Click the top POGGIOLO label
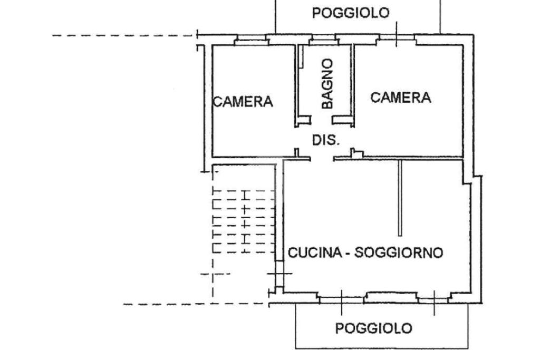click(x=351, y=13)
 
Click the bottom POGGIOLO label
click(x=374, y=328)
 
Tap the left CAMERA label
click(x=243, y=102)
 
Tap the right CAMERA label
click(x=401, y=98)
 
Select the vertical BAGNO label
click(x=327, y=84)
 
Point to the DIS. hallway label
click(x=326, y=140)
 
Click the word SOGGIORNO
click(x=399, y=252)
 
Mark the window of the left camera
click(x=252, y=40)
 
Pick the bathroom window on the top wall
click(x=323, y=40)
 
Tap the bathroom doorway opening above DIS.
click(x=322, y=121)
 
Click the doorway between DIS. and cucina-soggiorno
click(x=322, y=159)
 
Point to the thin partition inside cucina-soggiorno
click(x=400, y=198)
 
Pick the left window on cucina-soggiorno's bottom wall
click(x=342, y=299)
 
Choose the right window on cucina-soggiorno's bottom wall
click(x=434, y=299)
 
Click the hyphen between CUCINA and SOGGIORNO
click(x=348, y=254)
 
